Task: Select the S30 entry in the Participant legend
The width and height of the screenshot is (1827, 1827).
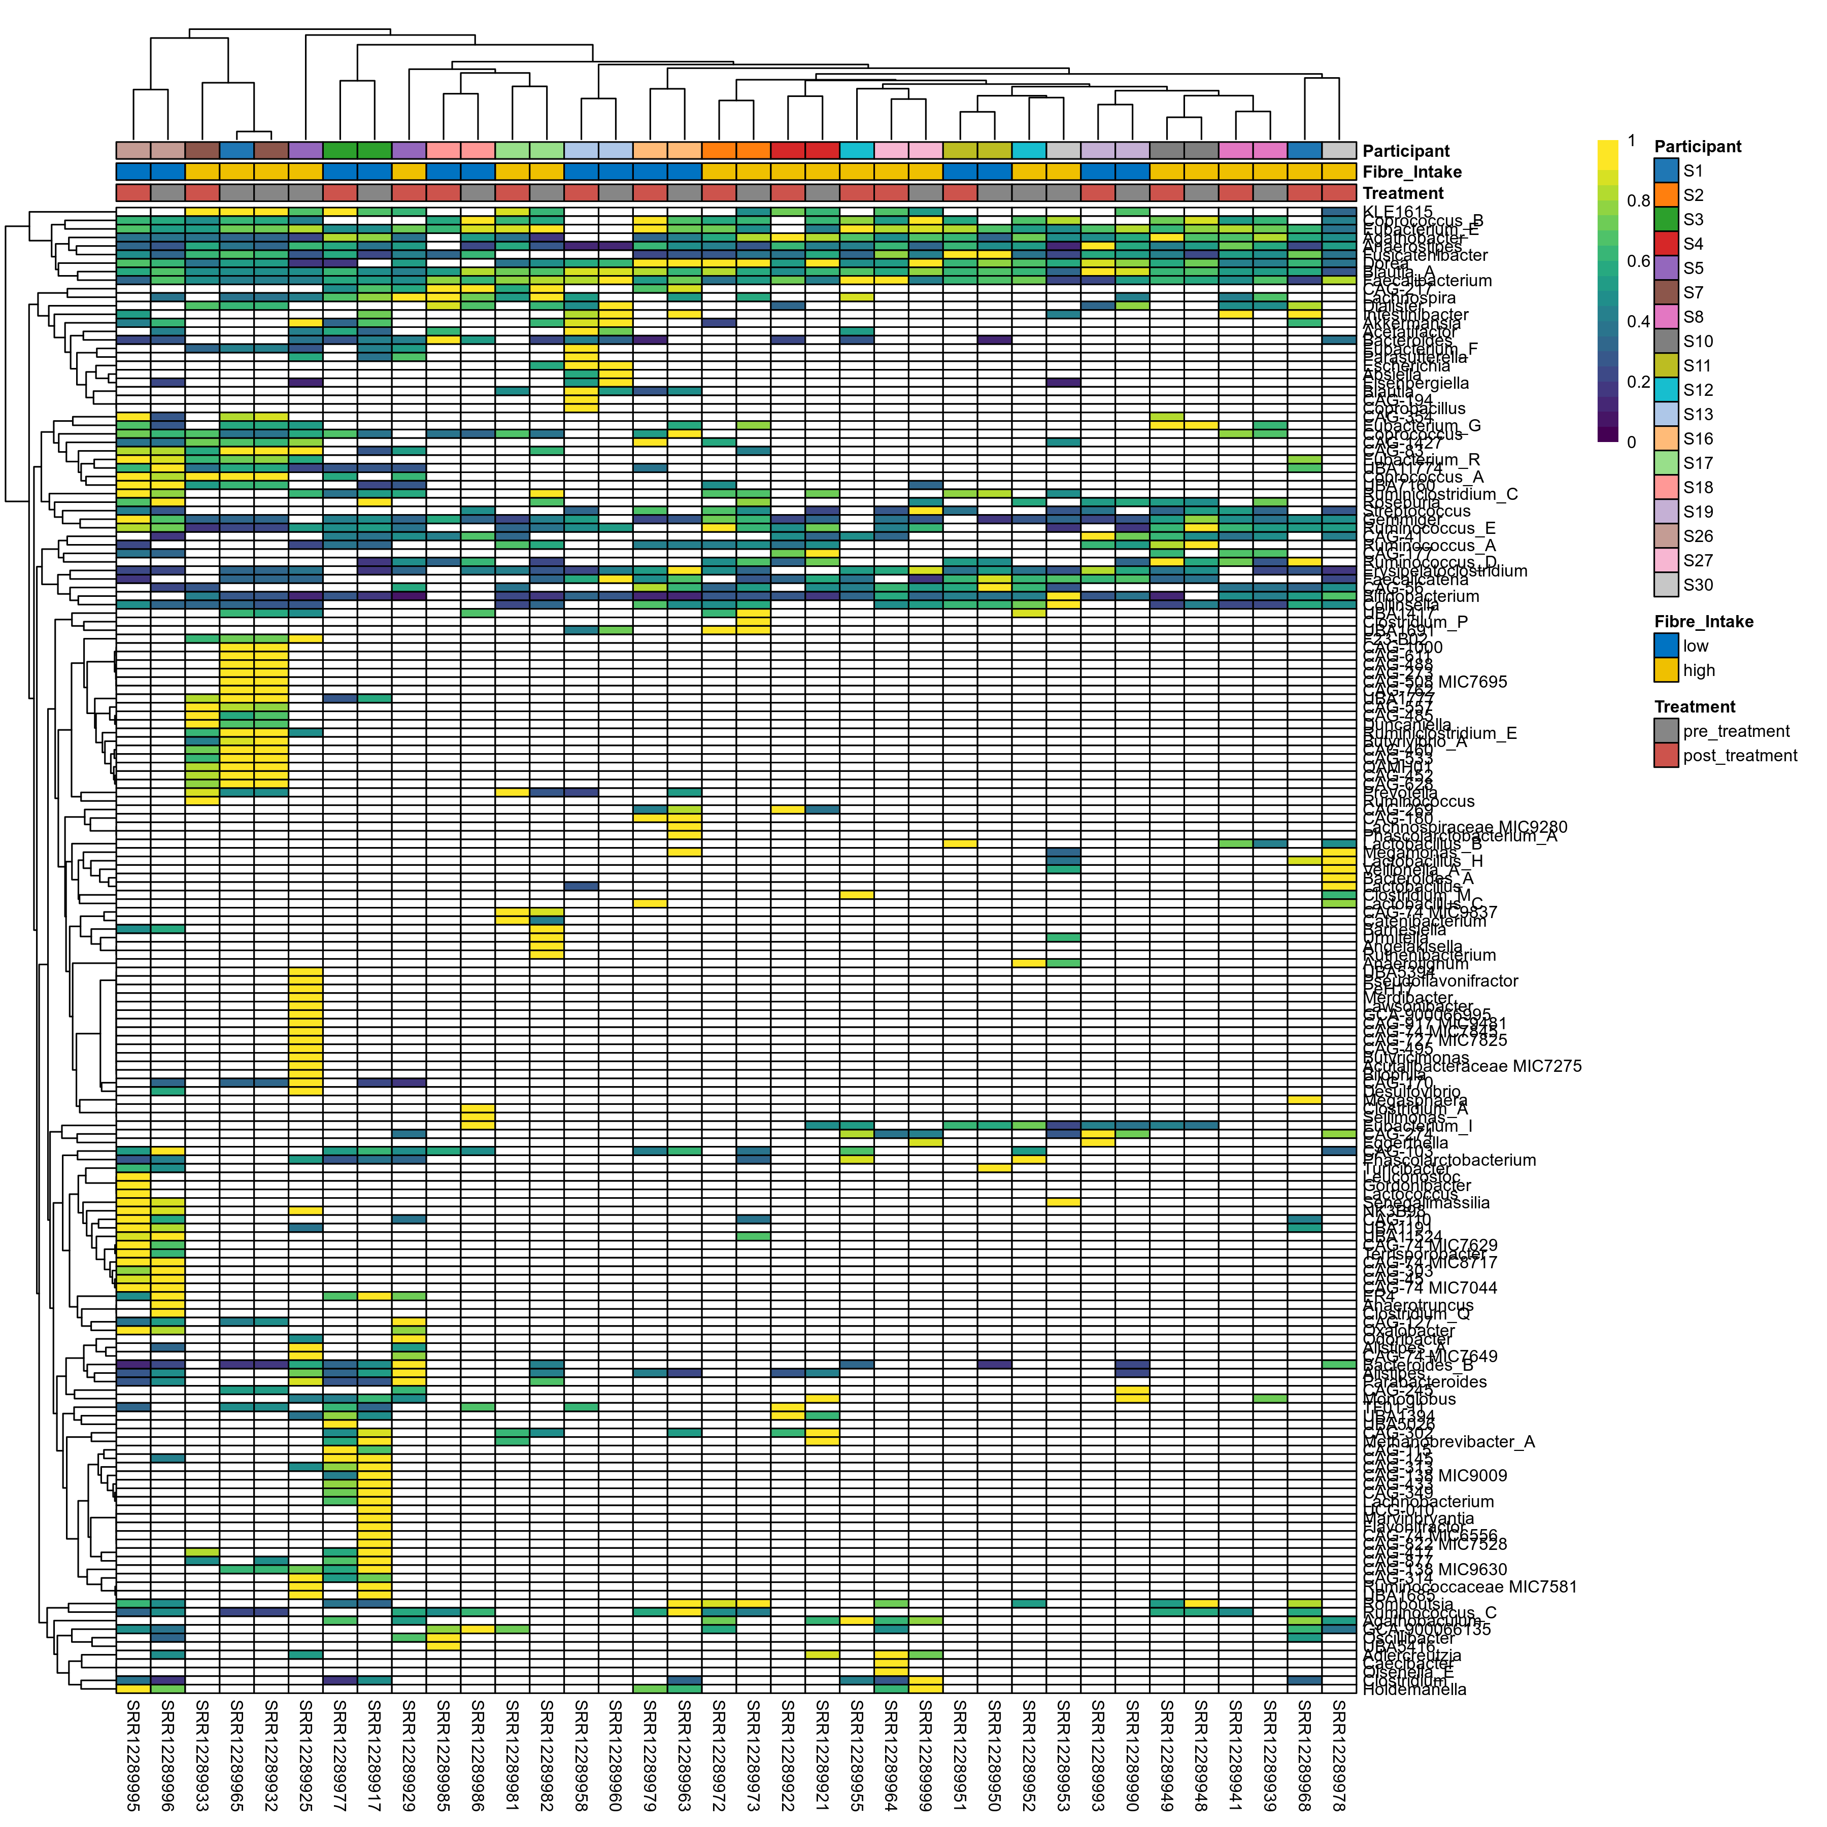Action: (1666, 585)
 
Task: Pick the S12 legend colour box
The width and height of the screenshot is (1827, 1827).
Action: (1666, 390)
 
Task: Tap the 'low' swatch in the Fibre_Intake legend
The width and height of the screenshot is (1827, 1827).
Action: (1666, 646)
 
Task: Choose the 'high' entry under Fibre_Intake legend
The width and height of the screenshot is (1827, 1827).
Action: (1699, 670)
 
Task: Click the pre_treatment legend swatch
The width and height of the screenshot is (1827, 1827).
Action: (1666, 731)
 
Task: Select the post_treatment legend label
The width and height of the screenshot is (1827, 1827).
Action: (1740, 756)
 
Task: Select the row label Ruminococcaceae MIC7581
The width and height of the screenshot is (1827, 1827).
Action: (1470, 1587)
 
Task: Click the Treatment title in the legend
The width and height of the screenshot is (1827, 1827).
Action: (1695, 706)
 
